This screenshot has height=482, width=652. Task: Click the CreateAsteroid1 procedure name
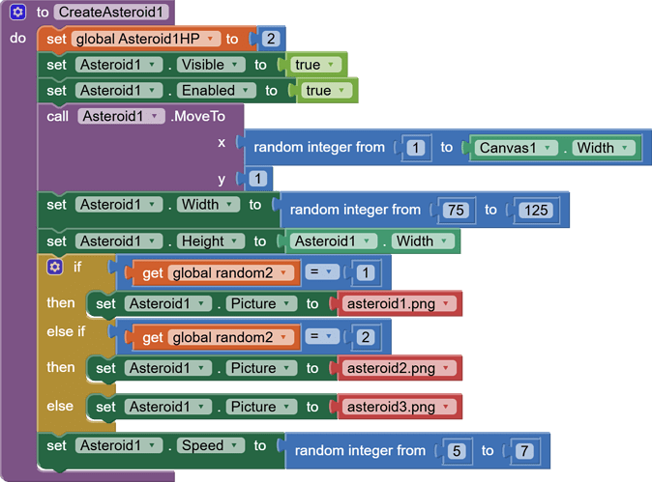[x=112, y=13]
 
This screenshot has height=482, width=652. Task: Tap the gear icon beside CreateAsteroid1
[x=17, y=13]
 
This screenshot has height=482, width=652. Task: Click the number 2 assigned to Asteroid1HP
[x=271, y=40]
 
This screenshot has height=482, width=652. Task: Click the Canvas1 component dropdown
[x=514, y=148]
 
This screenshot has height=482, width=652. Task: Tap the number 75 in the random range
[x=454, y=210]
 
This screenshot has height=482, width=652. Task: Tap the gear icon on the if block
[x=54, y=268]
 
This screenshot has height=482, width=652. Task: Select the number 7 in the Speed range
[x=523, y=451]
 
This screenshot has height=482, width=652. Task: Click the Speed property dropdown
[x=207, y=446]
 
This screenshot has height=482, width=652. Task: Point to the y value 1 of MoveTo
[x=257, y=179]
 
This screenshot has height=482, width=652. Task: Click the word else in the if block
[x=60, y=407]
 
